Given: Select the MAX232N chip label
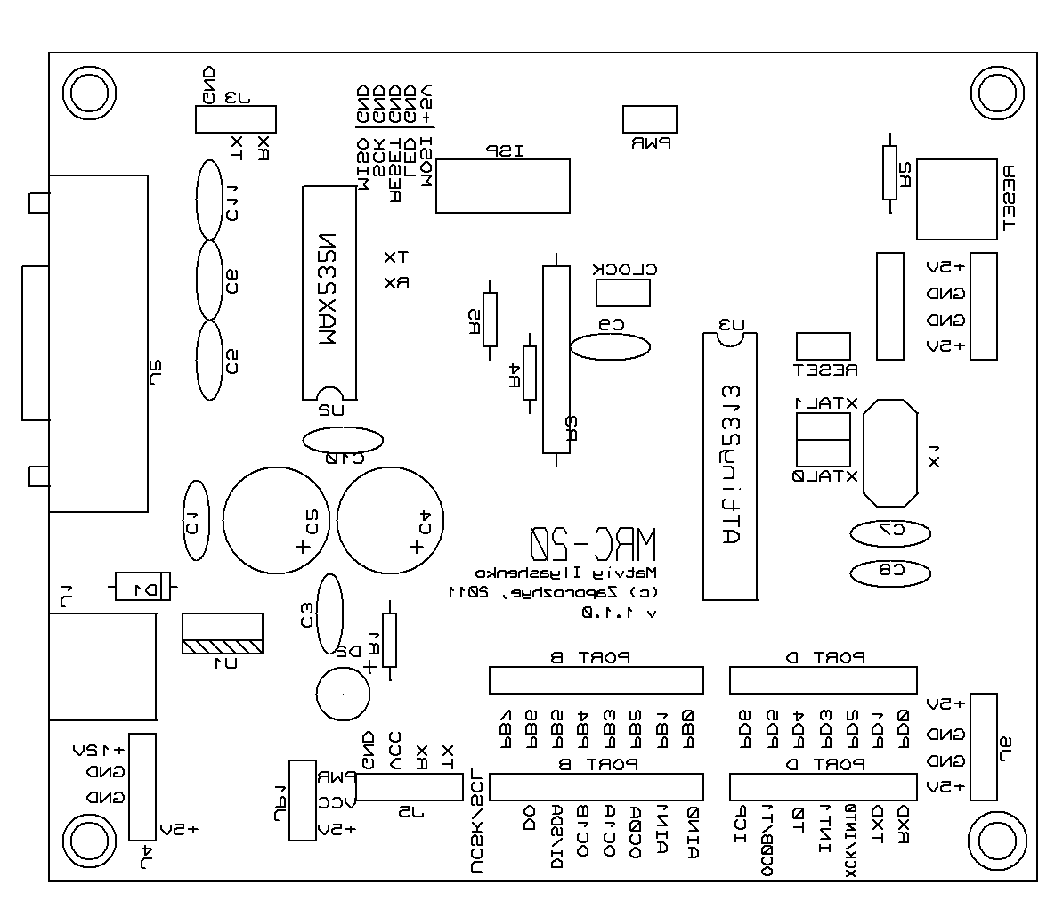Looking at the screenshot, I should pyautogui.click(x=329, y=288).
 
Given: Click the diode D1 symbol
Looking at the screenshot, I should pyautogui.click(x=142, y=587).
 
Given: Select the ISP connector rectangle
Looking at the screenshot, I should pyautogui.click(x=502, y=186).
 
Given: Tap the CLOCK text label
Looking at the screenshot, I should pyautogui.click(x=625, y=269).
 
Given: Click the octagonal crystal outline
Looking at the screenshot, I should pyautogui.click(x=890, y=452).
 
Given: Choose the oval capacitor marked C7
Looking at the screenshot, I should pyautogui.click(x=890, y=532).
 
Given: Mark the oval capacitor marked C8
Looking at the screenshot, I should pyautogui.click(x=890, y=572).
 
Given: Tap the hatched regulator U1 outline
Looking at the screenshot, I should pyautogui.click(x=222, y=633).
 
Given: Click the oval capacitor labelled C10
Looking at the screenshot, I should pyautogui.click(x=343, y=440).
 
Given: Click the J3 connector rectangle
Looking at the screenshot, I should pyautogui.click(x=235, y=119).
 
